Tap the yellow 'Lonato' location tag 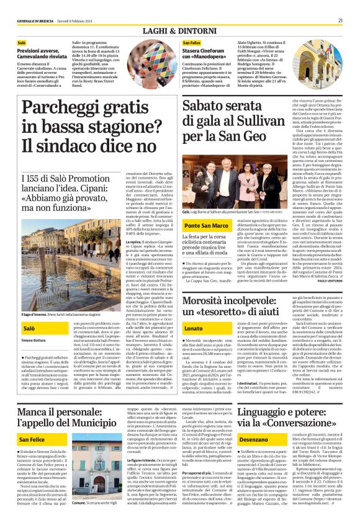click(x=194, y=327)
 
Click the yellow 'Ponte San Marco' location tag click(x=206, y=226)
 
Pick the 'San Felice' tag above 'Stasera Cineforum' click(x=192, y=43)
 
